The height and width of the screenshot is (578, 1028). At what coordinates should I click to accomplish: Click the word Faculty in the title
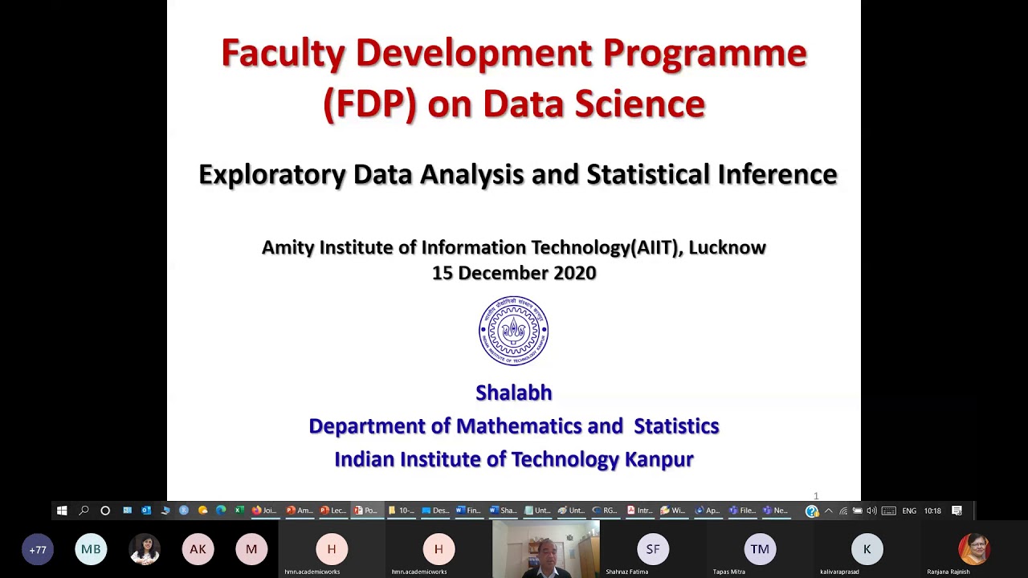pyautogui.click(x=283, y=54)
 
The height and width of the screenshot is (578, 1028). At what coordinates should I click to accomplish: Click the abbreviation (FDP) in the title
pyautogui.click(x=369, y=104)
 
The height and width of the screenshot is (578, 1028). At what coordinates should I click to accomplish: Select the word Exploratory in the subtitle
pyautogui.click(x=271, y=174)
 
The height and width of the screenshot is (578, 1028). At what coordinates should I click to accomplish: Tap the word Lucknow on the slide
pyautogui.click(x=727, y=247)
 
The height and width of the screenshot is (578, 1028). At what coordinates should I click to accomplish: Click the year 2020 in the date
pyautogui.click(x=574, y=273)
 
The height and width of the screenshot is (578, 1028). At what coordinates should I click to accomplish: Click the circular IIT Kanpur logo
pyautogui.click(x=514, y=331)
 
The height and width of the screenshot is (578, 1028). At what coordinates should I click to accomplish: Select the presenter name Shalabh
pyautogui.click(x=514, y=393)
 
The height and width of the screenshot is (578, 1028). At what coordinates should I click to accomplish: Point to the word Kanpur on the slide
pyautogui.click(x=659, y=459)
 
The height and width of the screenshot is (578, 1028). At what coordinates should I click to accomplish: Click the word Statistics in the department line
pyautogui.click(x=676, y=426)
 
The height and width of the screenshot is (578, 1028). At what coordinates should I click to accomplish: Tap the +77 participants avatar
pyautogui.click(x=38, y=550)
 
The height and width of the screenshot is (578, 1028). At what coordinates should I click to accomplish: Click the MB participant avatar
pyautogui.click(x=91, y=549)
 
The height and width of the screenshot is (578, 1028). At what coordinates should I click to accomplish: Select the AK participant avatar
pyautogui.click(x=198, y=549)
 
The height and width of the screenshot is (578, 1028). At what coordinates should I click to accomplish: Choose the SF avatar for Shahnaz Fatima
pyautogui.click(x=653, y=549)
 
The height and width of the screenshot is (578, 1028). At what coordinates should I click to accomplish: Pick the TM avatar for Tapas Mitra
pyautogui.click(x=760, y=549)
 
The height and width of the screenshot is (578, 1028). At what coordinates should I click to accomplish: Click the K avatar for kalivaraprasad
pyautogui.click(x=867, y=549)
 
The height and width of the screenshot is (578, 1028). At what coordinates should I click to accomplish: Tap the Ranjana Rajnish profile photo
pyautogui.click(x=973, y=549)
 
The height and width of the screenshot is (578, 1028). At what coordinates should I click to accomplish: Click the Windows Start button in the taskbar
pyautogui.click(x=62, y=511)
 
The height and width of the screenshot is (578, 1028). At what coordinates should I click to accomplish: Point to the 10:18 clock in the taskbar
pyautogui.click(x=932, y=511)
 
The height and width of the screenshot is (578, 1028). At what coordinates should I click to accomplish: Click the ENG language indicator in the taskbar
pyautogui.click(x=909, y=511)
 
